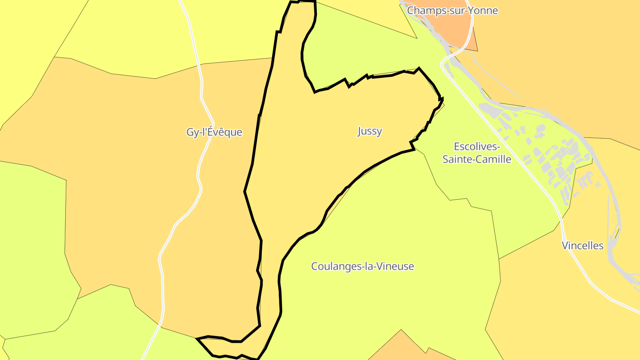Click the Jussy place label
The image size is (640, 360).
click(369, 131)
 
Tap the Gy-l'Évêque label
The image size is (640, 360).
click(214, 132)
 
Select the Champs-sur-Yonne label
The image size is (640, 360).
click(452, 10)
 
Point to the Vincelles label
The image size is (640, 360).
click(582, 245)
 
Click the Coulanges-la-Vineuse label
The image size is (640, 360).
click(362, 266)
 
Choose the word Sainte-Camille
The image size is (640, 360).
click(476, 159)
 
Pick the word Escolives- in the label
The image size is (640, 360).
click(477, 146)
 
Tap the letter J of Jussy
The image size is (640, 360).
click(360, 131)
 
